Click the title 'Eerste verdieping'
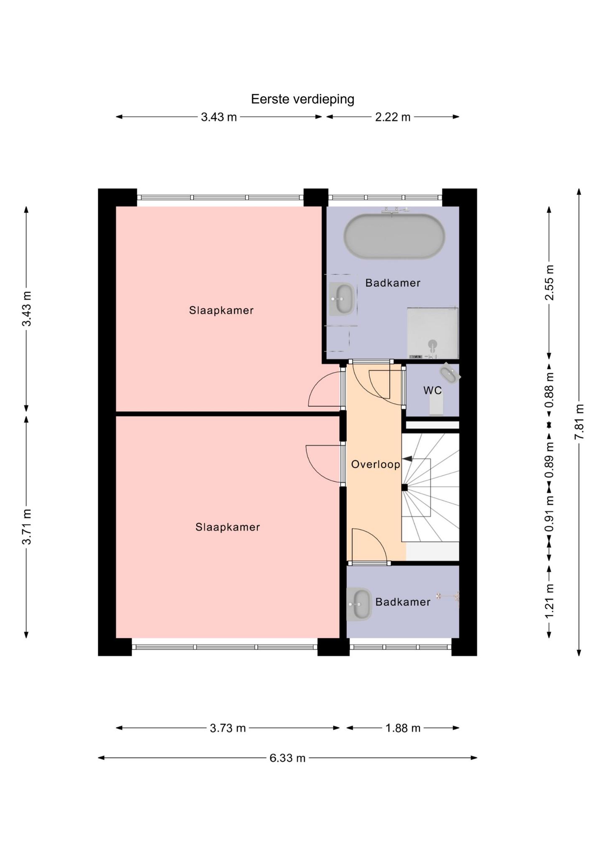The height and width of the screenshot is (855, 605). click(x=302, y=99)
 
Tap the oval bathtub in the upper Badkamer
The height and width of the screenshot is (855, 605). click(x=394, y=236)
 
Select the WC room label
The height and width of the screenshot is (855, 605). click(x=432, y=391)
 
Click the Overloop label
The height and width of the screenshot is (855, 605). click(x=376, y=464)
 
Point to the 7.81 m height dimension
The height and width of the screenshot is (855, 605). click(x=579, y=422)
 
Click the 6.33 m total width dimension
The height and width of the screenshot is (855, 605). click(x=287, y=758)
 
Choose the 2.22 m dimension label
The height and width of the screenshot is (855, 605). click(x=393, y=117)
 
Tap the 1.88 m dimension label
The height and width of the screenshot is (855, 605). click(x=403, y=728)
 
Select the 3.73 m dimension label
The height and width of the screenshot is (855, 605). click(x=228, y=728)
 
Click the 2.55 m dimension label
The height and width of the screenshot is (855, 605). click(x=549, y=283)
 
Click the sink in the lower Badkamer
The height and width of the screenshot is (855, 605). click(x=359, y=604)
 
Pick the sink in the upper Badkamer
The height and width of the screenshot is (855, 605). click(x=343, y=299)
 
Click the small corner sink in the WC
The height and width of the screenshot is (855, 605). click(x=450, y=373)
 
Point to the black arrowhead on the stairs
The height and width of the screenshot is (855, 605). click(x=407, y=459)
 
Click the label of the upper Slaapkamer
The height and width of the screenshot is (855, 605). click(x=221, y=310)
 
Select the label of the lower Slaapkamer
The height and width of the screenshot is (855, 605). click(x=228, y=527)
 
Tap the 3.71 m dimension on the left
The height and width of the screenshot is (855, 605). click(x=26, y=526)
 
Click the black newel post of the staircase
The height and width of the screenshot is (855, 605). click(x=404, y=487)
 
